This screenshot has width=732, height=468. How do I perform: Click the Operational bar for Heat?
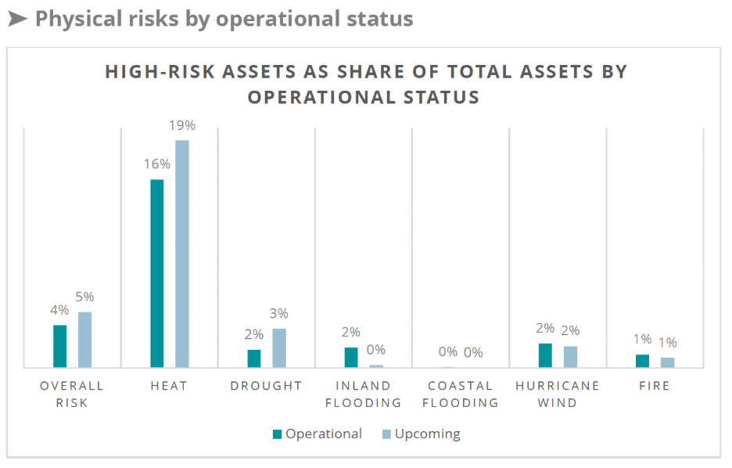click(157, 273)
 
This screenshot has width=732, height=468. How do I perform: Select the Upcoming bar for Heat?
click(182, 254)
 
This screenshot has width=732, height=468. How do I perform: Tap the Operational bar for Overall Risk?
click(60, 346)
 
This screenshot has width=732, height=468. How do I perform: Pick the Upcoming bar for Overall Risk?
click(84, 340)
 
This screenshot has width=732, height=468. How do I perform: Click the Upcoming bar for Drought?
click(279, 347)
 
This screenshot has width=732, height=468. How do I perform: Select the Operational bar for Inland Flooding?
click(351, 357)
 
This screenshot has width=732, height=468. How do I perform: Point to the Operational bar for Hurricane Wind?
click(545, 355)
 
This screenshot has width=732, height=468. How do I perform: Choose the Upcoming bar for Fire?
click(667, 362)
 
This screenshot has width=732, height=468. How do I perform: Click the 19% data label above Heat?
click(182, 125)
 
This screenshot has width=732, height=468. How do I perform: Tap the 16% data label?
click(157, 164)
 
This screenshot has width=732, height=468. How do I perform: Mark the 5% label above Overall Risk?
click(84, 297)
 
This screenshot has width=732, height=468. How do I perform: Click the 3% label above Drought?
click(279, 313)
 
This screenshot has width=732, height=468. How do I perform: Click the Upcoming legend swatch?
click(386, 434)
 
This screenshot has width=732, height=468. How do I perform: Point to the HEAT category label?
click(169, 386)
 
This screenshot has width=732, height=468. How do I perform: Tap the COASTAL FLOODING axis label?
click(461, 394)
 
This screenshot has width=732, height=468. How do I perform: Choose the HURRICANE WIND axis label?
click(558, 394)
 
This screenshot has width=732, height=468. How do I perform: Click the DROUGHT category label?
click(266, 386)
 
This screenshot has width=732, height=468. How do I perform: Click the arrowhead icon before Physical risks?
click(17, 18)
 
